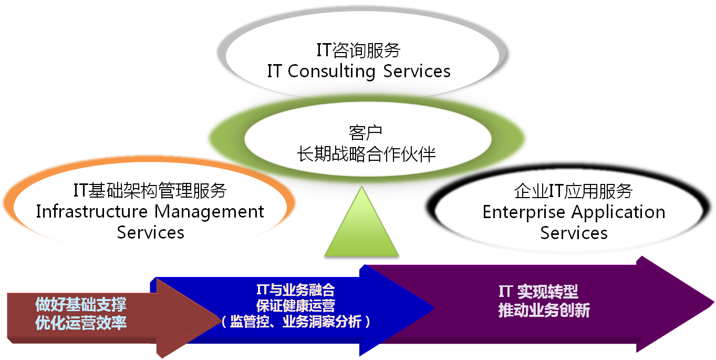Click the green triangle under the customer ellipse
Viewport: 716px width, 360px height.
pos(361,230)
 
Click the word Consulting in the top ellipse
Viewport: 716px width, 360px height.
pos(331,71)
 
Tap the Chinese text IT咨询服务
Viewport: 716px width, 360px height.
pos(358,50)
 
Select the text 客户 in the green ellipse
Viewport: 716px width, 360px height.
pos(365,133)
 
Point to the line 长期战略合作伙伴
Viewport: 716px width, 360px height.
pos(366,154)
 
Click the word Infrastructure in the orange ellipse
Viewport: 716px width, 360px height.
pos(92,212)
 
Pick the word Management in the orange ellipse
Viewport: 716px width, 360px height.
pos(210,212)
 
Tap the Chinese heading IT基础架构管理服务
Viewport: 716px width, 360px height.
pos(150,190)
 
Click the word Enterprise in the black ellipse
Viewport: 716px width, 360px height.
pos(524,213)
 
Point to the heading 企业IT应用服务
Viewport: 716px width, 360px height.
pos(574,191)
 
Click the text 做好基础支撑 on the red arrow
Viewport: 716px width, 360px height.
pos(81,304)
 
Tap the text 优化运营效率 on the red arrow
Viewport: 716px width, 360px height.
pos(81,323)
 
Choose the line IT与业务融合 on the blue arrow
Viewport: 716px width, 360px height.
pos(296,290)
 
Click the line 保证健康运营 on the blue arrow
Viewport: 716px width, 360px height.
pos(296,306)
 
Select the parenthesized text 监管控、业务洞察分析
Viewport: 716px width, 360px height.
pos(296,321)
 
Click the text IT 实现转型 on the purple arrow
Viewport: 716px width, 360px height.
pos(538,292)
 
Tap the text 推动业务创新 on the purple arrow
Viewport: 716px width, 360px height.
pos(544,310)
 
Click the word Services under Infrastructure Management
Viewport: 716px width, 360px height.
pos(151,232)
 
